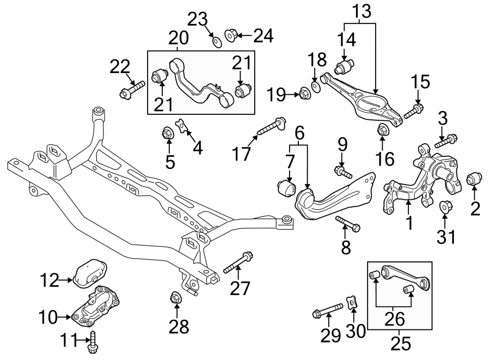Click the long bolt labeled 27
pos(238,262)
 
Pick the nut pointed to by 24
pos(230,36)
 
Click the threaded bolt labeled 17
pos(271,127)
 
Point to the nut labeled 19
pos(304,95)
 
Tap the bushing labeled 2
pos(475,179)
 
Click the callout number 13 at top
pos(360,10)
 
